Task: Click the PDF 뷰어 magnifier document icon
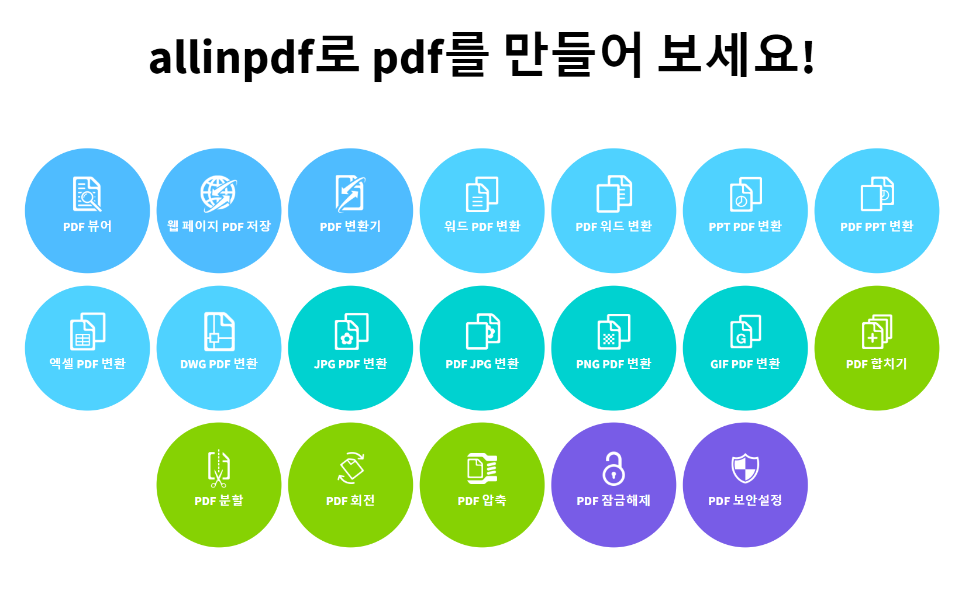tap(87, 194)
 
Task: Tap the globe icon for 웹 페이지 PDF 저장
tap(219, 193)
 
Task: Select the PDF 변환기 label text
tap(350, 226)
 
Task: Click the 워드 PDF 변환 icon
tap(482, 194)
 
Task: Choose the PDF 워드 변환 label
tap(613, 226)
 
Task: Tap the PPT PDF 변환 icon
tap(745, 194)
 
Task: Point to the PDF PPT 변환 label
tap(877, 226)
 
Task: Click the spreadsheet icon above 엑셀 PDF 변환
tap(87, 331)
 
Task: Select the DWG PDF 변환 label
tap(219, 364)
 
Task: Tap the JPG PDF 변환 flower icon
tap(351, 331)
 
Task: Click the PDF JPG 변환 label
tap(482, 364)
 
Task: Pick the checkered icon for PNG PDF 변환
tap(613, 331)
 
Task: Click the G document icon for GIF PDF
tap(745, 331)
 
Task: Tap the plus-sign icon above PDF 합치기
tap(877, 331)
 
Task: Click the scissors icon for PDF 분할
tap(219, 468)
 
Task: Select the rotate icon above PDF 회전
tap(351, 468)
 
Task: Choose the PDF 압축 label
tap(482, 500)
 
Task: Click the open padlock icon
tap(613, 468)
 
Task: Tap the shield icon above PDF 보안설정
tap(745, 468)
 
